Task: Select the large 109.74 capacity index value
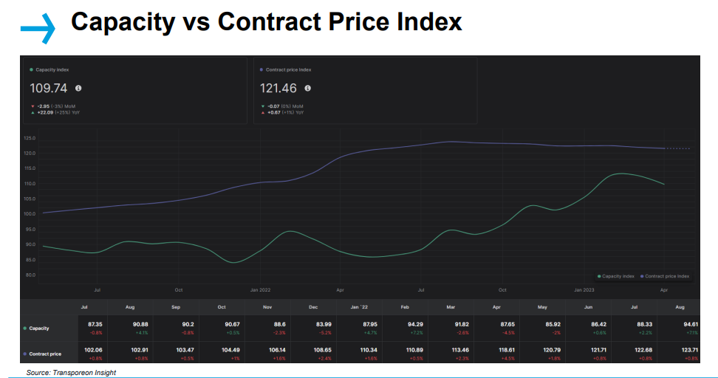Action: point(48,88)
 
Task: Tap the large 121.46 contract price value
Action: point(278,88)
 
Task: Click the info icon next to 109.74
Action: point(78,88)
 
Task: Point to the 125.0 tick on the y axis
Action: point(30,138)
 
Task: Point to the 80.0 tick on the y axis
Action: point(30,275)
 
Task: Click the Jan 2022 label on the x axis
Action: point(260,290)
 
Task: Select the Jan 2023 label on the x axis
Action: point(584,290)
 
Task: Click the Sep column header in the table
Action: point(176,306)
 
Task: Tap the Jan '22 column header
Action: point(359,306)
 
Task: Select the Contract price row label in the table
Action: point(45,354)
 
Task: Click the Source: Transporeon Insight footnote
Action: point(71,373)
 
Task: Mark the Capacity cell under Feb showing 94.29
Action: point(405,324)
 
